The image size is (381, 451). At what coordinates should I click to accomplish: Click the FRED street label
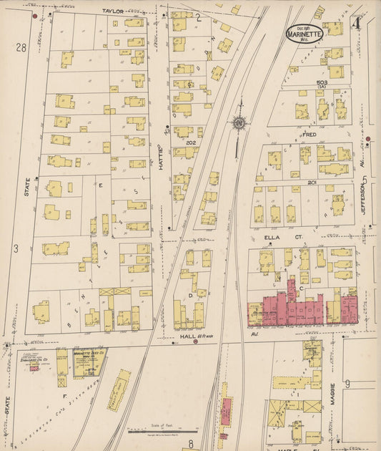(309, 134)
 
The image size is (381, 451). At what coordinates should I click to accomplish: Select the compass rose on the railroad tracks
(237, 122)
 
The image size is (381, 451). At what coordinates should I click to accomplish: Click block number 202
(191, 142)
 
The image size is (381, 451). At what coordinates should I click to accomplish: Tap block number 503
(324, 83)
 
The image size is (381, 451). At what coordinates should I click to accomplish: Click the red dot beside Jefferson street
(368, 139)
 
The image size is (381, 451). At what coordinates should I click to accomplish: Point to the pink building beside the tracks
(226, 412)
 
